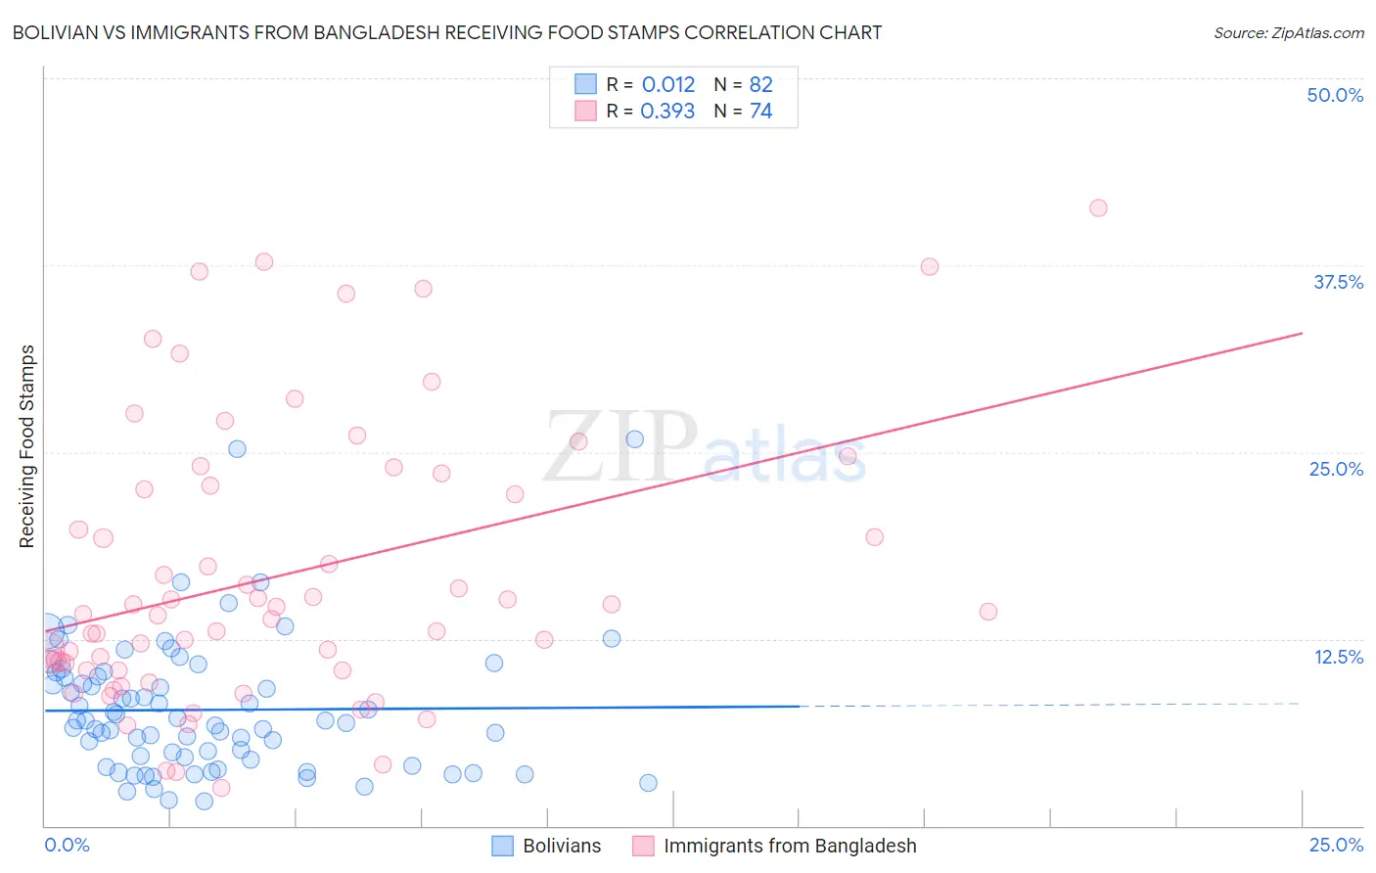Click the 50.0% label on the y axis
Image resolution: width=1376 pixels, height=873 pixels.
click(x=1335, y=95)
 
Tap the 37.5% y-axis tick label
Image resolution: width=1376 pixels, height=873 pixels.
click(x=1338, y=282)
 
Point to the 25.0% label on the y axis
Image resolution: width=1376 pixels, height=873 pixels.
click(x=1336, y=469)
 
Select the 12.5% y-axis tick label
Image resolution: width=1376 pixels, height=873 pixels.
click(x=1338, y=657)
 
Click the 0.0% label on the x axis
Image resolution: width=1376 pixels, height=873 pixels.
click(x=67, y=845)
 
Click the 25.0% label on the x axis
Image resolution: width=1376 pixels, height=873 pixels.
click(x=1336, y=845)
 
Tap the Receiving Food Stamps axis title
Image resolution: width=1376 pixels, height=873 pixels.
click(x=26, y=446)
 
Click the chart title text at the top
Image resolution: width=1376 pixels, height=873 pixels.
click(x=447, y=32)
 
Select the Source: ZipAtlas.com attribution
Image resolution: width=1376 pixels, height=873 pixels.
click(x=1288, y=32)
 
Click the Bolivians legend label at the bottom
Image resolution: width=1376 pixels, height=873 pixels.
click(x=562, y=846)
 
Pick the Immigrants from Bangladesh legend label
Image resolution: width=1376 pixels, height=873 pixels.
click(x=790, y=846)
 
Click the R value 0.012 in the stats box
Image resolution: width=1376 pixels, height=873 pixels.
click(x=668, y=85)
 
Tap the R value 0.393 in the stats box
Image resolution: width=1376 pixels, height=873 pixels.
click(x=667, y=112)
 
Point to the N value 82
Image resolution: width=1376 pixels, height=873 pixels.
click(x=760, y=85)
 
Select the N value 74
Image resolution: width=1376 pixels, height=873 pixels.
click(x=760, y=112)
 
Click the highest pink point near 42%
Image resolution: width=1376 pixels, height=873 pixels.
click(x=1098, y=207)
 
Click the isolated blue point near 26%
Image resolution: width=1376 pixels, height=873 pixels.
click(x=634, y=439)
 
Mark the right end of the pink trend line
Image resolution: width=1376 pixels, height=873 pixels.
click(x=1302, y=334)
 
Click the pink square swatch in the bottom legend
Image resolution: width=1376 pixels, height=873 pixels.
click(x=643, y=846)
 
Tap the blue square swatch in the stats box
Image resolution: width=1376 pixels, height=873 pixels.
click(x=585, y=85)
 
